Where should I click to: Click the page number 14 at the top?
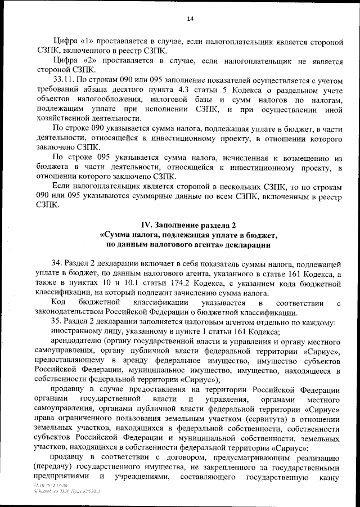coord(190,19)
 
